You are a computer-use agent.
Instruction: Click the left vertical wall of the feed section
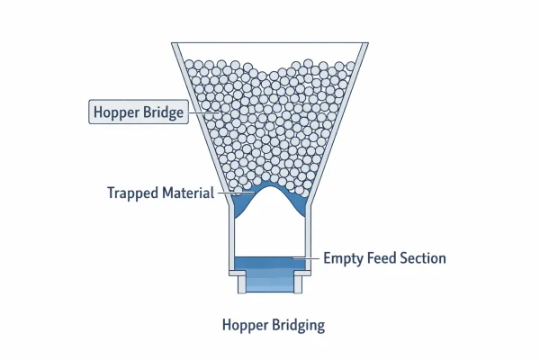tap(232, 238)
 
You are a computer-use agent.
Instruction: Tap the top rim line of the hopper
tap(271, 43)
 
